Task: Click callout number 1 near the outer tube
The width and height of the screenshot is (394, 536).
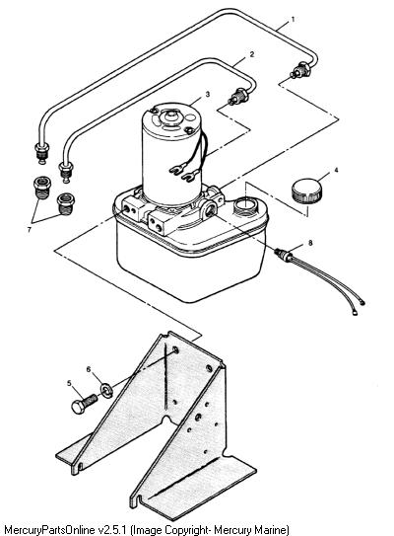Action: pyautogui.click(x=293, y=20)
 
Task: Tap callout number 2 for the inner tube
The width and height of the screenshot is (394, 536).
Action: pyautogui.click(x=252, y=54)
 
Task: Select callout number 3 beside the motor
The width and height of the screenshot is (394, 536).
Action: pyautogui.click(x=208, y=94)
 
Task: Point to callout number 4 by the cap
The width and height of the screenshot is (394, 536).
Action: pyautogui.click(x=336, y=170)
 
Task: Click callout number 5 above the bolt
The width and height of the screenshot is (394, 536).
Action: pyautogui.click(x=70, y=383)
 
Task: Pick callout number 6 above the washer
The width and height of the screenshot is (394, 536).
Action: pyautogui.click(x=89, y=369)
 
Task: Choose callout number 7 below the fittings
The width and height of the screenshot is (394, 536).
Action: pyautogui.click(x=30, y=230)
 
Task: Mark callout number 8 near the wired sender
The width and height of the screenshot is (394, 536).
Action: pyautogui.click(x=310, y=243)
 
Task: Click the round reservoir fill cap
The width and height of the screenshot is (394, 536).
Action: pyautogui.click(x=306, y=191)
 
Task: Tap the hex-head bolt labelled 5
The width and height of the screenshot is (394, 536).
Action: pyautogui.click(x=85, y=404)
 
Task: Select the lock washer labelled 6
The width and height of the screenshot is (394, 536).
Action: pyautogui.click(x=106, y=390)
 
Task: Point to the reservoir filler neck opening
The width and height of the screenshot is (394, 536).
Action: pyautogui.click(x=245, y=205)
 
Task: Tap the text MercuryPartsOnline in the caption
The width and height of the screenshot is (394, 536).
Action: pyautogui.click(x=50, y=530)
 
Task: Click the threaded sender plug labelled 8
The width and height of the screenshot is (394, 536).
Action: pyautogui.click(x=284, y=256)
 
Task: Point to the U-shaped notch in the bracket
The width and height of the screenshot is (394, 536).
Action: pyautogui.click(x=166, y=420)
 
